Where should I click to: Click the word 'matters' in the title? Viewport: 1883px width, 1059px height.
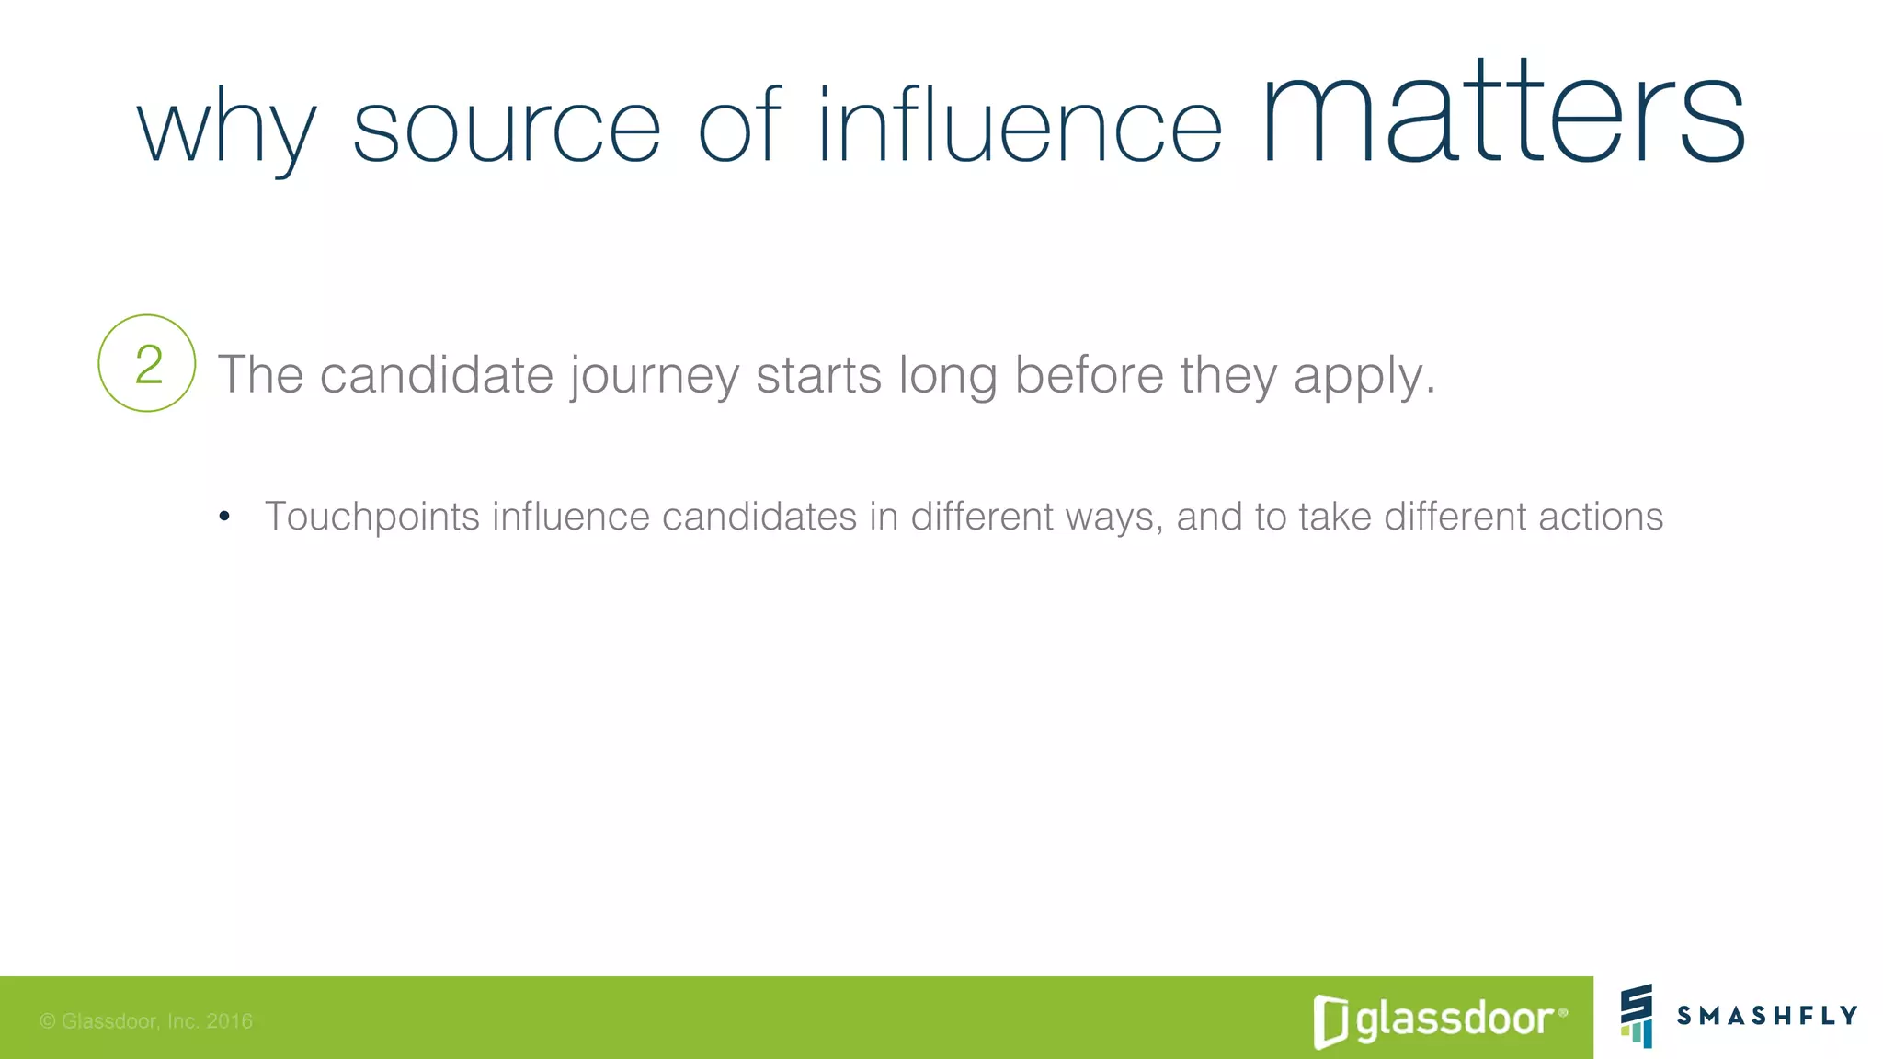pyautogui.click(x=1502, y=115)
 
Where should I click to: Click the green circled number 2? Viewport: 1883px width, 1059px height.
pyautogui.click(x=147, y=364)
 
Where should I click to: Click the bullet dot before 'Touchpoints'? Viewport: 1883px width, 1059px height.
pyautogui.click(x=224, y=517)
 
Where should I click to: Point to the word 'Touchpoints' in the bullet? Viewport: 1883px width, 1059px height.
pyautogui.click(x=372, y=517)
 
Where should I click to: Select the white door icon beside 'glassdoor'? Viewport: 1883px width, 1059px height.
pyautogui.click(x=1330, y=1021)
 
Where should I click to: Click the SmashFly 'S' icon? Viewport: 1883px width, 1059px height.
pyautogui.click(x=1637, y=1015)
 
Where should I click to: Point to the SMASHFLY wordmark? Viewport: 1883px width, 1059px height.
pyautogui.click(x=1767, y=1015)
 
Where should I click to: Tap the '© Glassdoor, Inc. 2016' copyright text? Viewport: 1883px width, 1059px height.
pyautogui.click(x=146, y=1021)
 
